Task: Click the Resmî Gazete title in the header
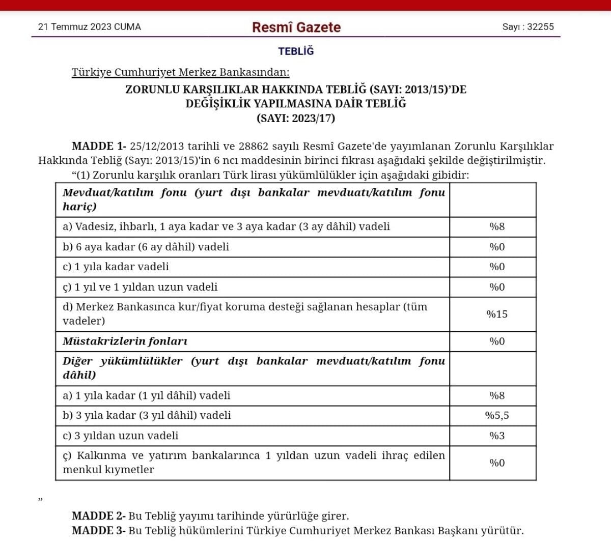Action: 296,27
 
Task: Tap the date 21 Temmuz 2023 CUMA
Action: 90,27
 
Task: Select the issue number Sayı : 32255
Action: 528,27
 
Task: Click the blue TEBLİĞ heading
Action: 296,51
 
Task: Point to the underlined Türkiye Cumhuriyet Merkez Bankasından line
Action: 180,72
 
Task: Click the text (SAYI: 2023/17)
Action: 296,119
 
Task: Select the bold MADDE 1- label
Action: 99,147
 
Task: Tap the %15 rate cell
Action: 497,314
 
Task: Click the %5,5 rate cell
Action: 497,415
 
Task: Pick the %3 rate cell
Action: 497,436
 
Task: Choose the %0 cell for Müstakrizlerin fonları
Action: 497,341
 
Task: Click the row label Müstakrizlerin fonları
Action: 125,341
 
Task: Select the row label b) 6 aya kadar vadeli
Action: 146,247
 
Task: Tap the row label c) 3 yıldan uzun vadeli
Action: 121,436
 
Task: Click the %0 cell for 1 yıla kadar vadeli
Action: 497,267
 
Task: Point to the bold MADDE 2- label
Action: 99,516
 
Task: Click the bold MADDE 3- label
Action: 99,531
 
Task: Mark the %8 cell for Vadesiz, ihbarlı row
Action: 497,226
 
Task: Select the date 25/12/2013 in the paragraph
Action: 157,147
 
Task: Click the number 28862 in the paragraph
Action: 253,147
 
